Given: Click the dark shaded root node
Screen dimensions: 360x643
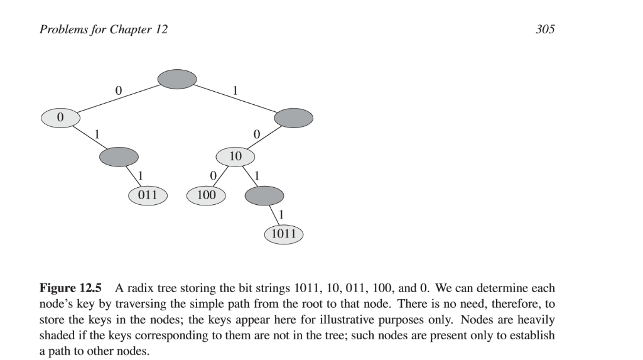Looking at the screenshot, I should (x=176, y=79).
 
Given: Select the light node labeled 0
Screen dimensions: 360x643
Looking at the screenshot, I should (x=60, y=117).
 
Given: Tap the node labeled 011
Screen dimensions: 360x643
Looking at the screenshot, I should (x=148, y=195).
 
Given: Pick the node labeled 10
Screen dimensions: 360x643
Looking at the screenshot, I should (x=235, y=156).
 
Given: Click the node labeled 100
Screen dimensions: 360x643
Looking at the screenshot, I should (x=206, y=195).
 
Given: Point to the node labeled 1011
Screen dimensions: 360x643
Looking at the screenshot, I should (x=283, y=234).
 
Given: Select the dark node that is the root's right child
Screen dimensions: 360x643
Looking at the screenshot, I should (x=293, y=117).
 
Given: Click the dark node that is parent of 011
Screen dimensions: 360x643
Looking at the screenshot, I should (x=119, y=156).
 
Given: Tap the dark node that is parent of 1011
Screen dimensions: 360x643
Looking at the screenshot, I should (x=264, y=195).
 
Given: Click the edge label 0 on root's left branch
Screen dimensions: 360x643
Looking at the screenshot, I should (x=118, y=90).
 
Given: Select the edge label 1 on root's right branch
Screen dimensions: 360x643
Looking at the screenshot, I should (x=235, y=90).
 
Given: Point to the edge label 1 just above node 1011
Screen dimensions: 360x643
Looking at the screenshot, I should (x=281, y=214).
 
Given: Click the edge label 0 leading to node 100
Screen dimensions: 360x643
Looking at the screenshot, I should (x=213, y=174).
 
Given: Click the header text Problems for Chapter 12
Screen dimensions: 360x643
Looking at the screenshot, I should (x=104, y=30).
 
